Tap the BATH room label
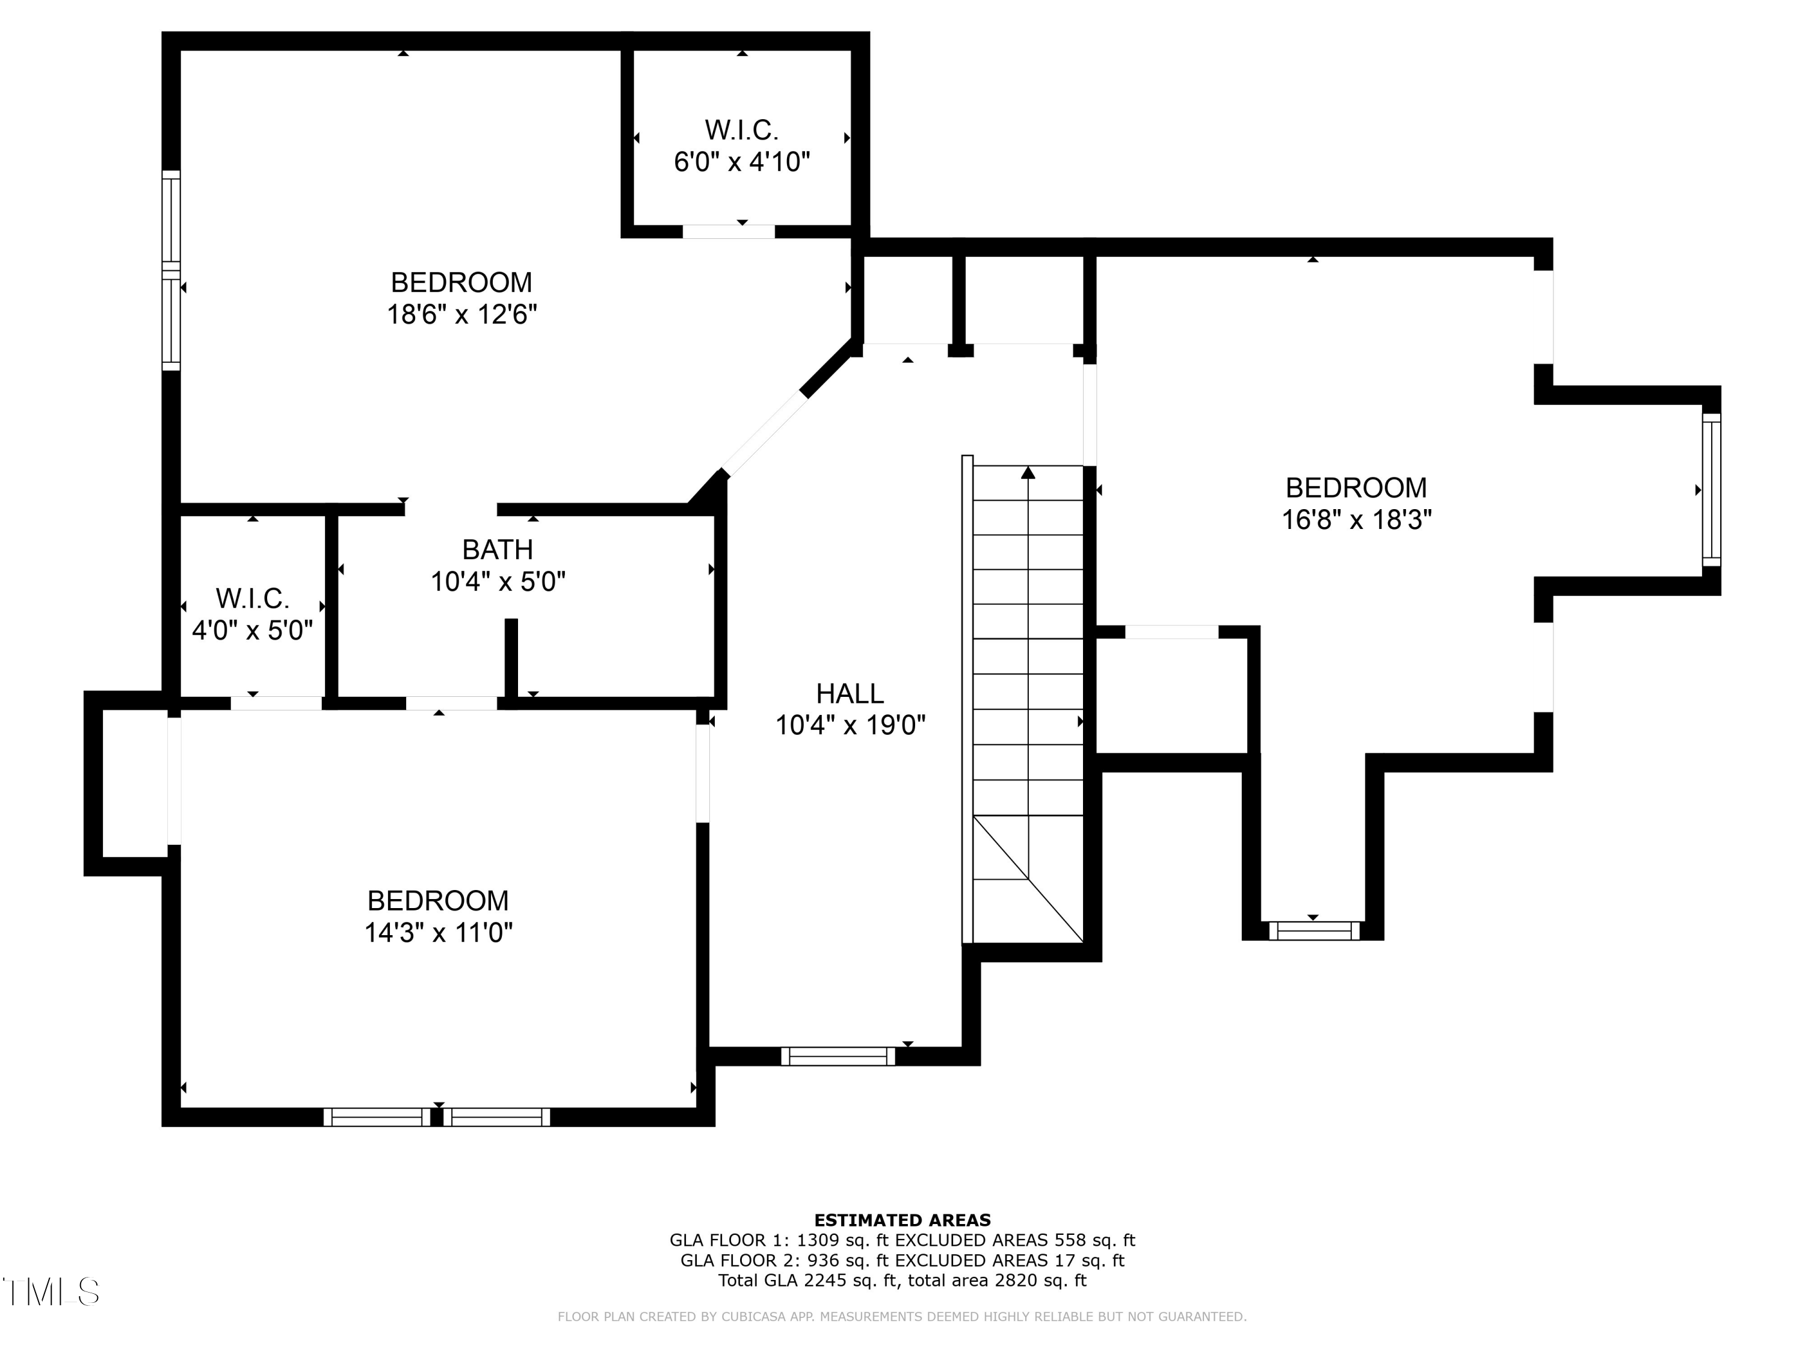(497, 549)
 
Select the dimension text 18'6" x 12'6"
(462, 314)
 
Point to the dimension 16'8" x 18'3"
(1356, 520)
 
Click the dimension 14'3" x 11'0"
(438, 932)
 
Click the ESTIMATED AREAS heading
(902, 1220)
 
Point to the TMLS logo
(51, 1292)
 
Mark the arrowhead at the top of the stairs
(1028, 472)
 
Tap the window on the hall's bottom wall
(838, 1056)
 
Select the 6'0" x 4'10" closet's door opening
(729, 232)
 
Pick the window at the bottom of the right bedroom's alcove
(1314, 930)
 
